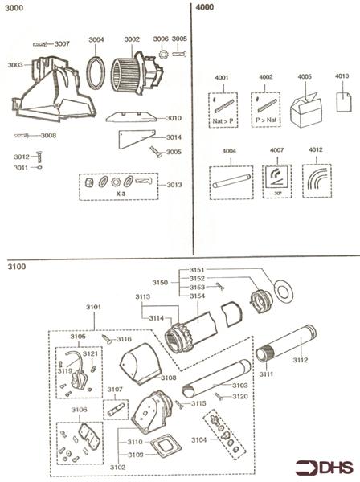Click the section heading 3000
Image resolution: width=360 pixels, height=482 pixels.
point(16,9)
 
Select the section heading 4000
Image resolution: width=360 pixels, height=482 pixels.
point(206,9)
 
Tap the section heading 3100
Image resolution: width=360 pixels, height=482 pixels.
point(18,265)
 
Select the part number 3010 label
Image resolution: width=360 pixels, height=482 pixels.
point(174,118)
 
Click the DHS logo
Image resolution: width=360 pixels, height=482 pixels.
point(321,468)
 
